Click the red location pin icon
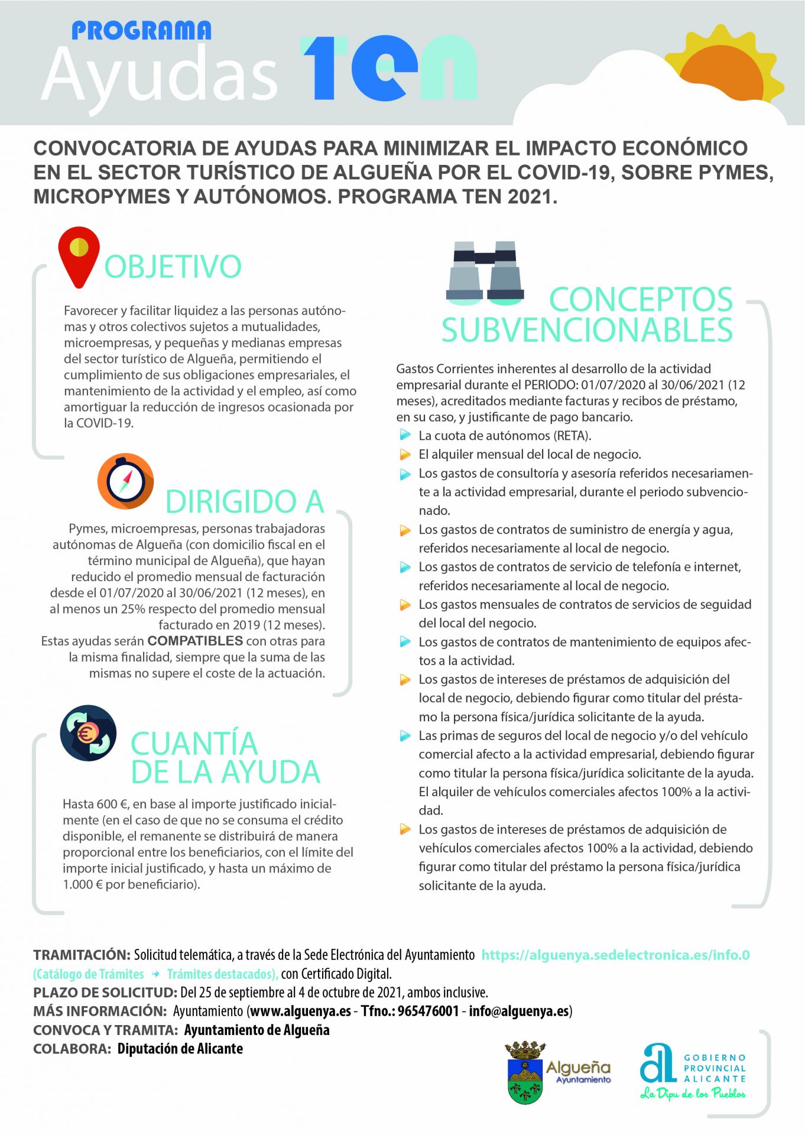click(79, 255)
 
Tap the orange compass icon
click(125, 481)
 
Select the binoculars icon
click(485, 273)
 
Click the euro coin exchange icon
click(88, 733)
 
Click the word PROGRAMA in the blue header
click(141, 31)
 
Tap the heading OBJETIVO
click(173, 267)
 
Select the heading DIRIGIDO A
click(245, 502)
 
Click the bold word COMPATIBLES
click(195, 641)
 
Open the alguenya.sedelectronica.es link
click(615, 955)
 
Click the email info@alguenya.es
click(518, 1011)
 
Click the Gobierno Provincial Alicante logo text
click(715, 1068)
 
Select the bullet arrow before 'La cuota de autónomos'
click(405, 436)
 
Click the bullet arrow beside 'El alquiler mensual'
click(405, 455)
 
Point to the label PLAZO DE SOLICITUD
click(105, 993)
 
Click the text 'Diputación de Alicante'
click(180, 1049)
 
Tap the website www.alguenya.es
click(300, 1011)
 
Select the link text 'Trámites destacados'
click(222, 974)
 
